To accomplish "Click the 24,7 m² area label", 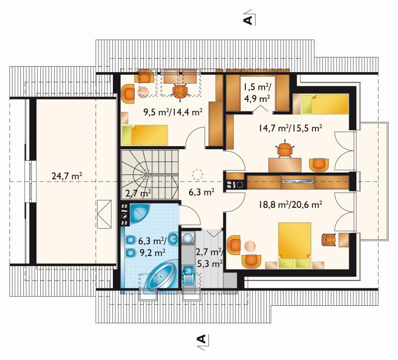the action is click(67, 176).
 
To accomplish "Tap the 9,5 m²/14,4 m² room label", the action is click(173, 111).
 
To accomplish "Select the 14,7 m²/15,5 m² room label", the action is click(291, 128).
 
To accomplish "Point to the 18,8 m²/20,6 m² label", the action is click(291, 204).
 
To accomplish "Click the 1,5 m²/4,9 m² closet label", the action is click(257, 92).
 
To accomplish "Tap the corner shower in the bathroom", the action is click(139, 214).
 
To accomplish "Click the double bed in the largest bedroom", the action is click(295, 245).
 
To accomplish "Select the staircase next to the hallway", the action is click(149, 175).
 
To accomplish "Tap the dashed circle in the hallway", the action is click(198, 175).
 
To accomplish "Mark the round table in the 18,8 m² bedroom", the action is click(250, 246).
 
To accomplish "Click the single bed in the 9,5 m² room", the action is click(144, 135).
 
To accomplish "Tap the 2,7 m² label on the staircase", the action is click(139, 193).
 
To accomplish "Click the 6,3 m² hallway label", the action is click(201, 192).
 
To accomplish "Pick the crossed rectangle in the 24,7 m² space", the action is click(104, 214).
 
